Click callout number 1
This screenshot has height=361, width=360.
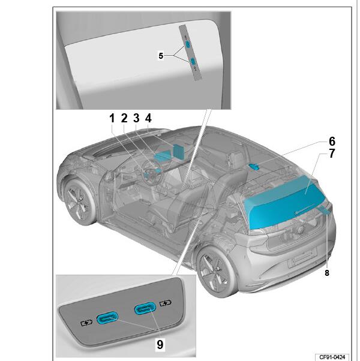(x=112, y=118)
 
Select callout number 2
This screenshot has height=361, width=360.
(x=124, y=118)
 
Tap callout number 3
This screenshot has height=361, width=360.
(x=136, y=118)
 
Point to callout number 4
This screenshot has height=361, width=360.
(x=148, y=118)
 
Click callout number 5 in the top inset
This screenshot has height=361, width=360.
(x=161, y=56)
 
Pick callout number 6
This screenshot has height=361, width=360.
(x=332, y=142)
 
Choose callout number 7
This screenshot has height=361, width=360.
(x=332, y=154)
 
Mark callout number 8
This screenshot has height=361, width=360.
(x=327, y=273)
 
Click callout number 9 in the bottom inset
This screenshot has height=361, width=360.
(x=160, y=345)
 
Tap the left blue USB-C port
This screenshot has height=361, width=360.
(x=107, y=318)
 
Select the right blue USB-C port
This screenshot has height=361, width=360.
(x=145, y=308)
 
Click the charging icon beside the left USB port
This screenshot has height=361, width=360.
(x=86, y=323)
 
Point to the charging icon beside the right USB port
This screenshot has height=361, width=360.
(x=166, y=303)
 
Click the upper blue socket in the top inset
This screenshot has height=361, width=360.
(x=188, y=44)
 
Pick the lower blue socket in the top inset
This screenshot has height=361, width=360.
(x=193, y=61)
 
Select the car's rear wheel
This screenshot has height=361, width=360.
(x=215, y=272)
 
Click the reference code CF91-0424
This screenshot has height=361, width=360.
(x=332, y=357)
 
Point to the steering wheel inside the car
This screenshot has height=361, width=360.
(x=153, y=173)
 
